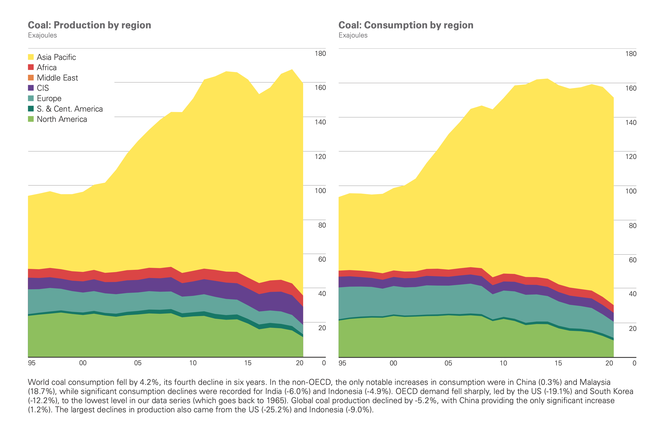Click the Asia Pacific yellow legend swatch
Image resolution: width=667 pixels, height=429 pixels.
(31, 57)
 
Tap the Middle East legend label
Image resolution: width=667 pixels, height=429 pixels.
(57, 78)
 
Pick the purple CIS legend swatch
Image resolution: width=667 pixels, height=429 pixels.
(31, 88)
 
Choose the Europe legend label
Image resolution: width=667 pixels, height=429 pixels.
(49, 98)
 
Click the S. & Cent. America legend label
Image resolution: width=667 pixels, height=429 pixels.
(69, 109)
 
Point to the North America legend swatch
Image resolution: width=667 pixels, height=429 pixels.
(31, 119)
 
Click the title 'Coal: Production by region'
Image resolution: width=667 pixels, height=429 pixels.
(89, 25)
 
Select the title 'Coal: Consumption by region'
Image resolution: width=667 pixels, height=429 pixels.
(406, 25)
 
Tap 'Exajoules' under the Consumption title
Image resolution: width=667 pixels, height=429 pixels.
(353, 35)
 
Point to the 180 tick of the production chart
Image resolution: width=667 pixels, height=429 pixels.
(320, 54)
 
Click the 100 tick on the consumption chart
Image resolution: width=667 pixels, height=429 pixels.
(630, 191)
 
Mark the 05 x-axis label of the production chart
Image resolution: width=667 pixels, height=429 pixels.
(138, 363)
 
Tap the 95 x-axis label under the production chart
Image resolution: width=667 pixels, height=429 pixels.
(32, 363)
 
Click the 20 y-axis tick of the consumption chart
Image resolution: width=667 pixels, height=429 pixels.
(632, 329)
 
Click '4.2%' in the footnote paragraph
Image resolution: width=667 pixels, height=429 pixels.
(150, 382)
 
